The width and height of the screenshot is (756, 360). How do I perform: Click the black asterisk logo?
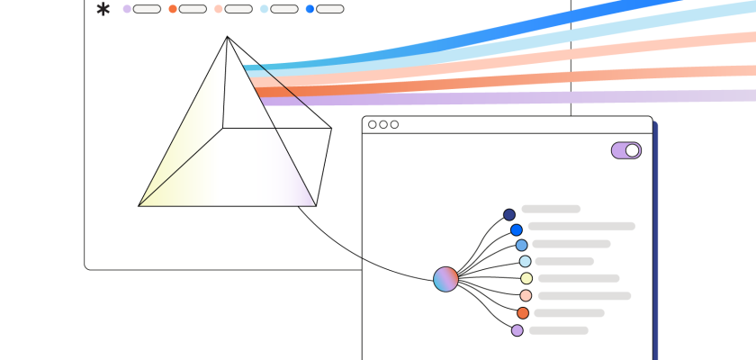(103, 10)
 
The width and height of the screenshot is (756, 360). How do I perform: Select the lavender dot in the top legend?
(127, 9)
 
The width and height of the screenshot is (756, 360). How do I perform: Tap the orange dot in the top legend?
(173, 9)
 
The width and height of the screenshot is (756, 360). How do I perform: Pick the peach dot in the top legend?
(219, 9)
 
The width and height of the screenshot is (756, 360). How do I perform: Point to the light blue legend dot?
(265, 9)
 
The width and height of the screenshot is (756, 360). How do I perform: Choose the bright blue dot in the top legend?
(310, 9)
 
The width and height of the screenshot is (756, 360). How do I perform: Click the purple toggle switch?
(625, 150)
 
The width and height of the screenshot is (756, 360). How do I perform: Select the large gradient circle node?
(445, 279)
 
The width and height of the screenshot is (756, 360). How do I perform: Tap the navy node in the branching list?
(509, 215)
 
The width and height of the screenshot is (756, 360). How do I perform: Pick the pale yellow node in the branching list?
(526, 279)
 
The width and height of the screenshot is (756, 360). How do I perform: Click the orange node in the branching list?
(523, 313)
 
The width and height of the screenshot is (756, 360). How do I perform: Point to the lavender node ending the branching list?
(517, 330)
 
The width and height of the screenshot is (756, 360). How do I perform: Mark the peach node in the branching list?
(526, 295)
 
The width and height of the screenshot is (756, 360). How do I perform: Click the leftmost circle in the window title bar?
(373, 125)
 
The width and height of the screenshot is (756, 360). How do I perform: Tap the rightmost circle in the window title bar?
(394, 125)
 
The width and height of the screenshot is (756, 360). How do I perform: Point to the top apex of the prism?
(227, 37)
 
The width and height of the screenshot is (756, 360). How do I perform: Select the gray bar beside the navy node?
(551, 209)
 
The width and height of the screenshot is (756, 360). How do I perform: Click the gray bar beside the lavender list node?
(558, 330)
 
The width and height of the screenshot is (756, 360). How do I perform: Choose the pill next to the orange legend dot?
(193, 9)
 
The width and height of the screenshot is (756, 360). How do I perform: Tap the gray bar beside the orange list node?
(569, 313)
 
